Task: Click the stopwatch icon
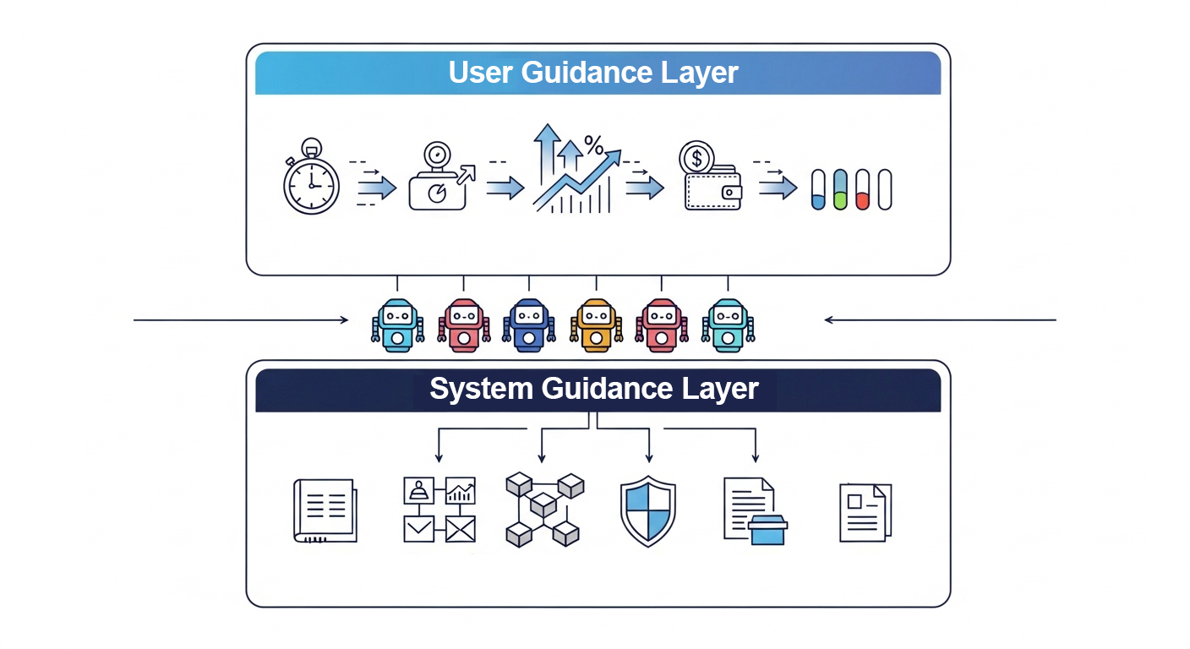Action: [x=311, y=182]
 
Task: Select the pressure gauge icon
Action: [x=437, y=179]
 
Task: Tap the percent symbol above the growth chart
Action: [x=593, y=146]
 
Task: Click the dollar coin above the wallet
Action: [x=696, y=158]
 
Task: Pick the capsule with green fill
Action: [x=840, y=189]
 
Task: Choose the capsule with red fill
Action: [x=862, y=189]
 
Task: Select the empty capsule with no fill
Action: [x=885, y=189]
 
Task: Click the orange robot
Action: [x=597, y=324]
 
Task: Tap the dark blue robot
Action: [x=529, y=324]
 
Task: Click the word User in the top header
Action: [x=481, y=73]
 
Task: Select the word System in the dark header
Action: [x=481, y=390]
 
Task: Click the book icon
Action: [x=325, y=510]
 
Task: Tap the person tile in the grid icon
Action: [x=418, y=490]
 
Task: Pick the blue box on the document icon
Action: [x=767, y=531]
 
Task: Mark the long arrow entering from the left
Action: [x=241, y=320]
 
